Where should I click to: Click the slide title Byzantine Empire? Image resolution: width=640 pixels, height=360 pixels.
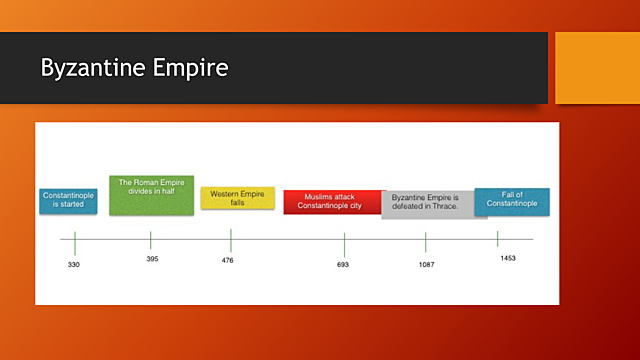coord(134,68)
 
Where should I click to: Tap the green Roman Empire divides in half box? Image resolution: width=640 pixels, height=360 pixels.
coord(151,195)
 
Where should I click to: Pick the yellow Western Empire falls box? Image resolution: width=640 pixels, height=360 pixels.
coord(237,198)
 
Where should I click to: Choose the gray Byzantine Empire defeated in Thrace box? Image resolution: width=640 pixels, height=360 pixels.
coord(428,203)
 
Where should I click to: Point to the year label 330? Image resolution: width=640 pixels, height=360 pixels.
coord(74,265)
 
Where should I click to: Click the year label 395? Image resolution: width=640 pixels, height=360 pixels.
coord(151,259)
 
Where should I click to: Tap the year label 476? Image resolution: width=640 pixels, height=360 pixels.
coord(228,261)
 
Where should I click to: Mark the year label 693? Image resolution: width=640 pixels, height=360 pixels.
coord(343,265)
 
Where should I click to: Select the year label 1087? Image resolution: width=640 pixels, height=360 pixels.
coord(425,265)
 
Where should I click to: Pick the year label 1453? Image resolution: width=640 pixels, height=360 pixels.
coord(508,258)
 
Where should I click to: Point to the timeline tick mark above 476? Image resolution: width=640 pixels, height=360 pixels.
coord(231,240)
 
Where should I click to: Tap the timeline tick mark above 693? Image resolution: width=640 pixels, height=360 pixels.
coord(344,243)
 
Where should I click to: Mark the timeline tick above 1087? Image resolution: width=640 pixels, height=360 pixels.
coord(425,242)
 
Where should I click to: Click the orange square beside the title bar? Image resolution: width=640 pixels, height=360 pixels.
coord(596,68)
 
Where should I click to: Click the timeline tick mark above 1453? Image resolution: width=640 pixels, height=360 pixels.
coord(497,239)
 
